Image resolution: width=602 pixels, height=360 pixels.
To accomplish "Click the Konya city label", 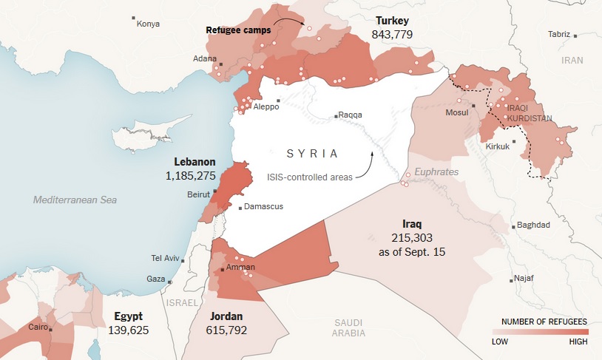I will [148, 24].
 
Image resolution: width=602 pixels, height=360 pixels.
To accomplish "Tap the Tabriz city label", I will [559, 34].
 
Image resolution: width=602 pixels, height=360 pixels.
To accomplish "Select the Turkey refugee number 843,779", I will [393, 35].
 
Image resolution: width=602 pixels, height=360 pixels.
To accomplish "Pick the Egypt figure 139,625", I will [129, 330].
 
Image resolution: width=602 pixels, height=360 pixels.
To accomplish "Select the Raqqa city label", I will [350, 115].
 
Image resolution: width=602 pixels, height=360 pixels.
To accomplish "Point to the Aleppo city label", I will [266, 106].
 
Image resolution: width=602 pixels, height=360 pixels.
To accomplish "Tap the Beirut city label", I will [199, 195].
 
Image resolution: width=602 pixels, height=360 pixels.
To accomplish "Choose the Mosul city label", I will [457, 112].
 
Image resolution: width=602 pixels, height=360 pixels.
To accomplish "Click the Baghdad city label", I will [533, 225].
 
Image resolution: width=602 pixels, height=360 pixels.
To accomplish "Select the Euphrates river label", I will [436, 171].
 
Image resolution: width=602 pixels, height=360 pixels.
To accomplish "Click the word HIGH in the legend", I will [578, 342].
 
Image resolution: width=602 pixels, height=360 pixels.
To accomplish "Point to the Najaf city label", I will [523, 279].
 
